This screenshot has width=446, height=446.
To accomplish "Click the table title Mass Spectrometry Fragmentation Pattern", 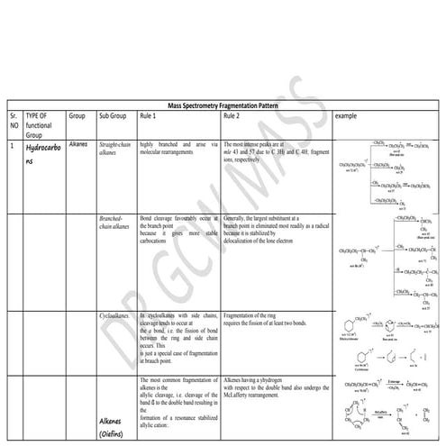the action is point(223,105).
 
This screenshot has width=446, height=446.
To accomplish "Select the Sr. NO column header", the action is point(13,122).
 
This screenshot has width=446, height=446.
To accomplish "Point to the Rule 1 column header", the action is point(150,116).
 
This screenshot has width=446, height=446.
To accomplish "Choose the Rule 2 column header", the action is point(232,116).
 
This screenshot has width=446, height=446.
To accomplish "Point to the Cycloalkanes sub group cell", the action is point(116,316).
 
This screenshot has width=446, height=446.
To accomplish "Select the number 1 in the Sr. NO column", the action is point(12,145).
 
